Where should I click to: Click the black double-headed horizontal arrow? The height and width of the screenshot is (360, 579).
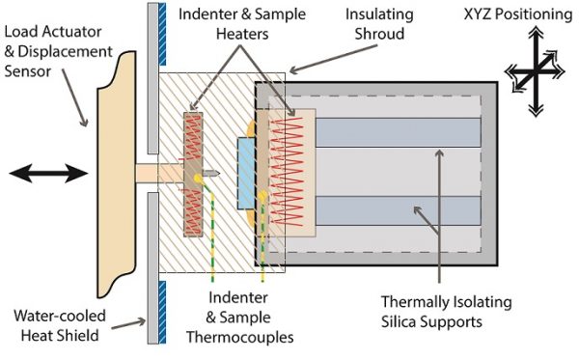click(x=48, y=174)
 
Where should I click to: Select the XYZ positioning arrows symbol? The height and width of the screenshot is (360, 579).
click(x=535, y=71)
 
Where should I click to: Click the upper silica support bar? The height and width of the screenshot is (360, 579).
click(x=399, y=132)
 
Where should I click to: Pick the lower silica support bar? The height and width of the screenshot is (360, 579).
click(x=399, y=210)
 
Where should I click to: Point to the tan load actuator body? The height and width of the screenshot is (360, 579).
click(x=117, y=174)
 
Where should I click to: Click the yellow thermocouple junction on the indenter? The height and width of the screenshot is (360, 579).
click(x=199, y=179)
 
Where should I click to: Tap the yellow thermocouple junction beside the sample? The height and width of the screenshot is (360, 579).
click(x=262, y=196)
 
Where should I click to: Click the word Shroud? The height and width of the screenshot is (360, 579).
click(x=379, y=34)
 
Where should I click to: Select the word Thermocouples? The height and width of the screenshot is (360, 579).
click(x=240, y=337)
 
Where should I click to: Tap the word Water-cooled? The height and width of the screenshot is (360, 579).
click(x=60, y=316)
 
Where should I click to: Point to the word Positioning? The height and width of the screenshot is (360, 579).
click(x=534, y=14)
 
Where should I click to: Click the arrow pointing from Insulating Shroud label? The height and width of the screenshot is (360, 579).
click(x=334, y=59)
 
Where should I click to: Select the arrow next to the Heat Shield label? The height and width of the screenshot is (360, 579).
click(x=127, y=324)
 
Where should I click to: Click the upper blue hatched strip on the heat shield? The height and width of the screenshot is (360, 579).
click(x=162, y=35)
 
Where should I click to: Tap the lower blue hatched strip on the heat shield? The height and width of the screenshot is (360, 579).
click(x=162, y=313)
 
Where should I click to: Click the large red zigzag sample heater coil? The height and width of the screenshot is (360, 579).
click(x=287, y=172)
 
